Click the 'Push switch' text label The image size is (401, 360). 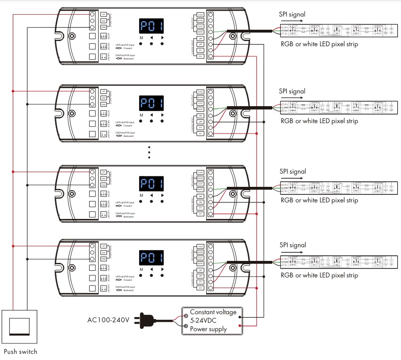coord(20,352)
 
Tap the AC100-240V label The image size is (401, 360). coord(108,320)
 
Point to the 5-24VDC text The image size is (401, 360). coord(205,321)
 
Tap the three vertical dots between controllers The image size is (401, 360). coord(149,153)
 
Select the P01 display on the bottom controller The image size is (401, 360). coord(151,258)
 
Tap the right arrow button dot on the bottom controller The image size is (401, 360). coord(162,276)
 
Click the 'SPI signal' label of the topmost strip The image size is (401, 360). coord(292,14)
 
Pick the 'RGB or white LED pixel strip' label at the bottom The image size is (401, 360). coord(319,275)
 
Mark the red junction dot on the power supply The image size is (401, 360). coord(241,326)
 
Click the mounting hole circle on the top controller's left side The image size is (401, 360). coord(72,36)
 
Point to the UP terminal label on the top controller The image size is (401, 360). coord(104,15)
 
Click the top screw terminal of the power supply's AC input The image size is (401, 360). coord(186,312)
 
